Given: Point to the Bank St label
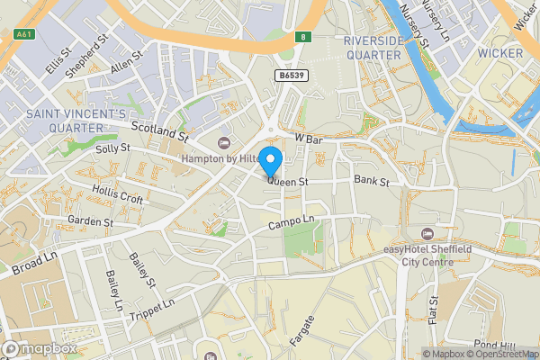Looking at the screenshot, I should pos(371,182).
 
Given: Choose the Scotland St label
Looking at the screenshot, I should pos(158,132).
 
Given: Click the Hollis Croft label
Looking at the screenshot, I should pos(117,193).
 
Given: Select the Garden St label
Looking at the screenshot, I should pos(90,221).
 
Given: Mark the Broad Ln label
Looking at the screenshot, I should pos(34,263).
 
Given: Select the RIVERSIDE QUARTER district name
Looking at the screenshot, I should pos(372,48).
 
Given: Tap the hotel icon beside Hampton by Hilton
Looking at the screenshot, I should pos(225,143).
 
